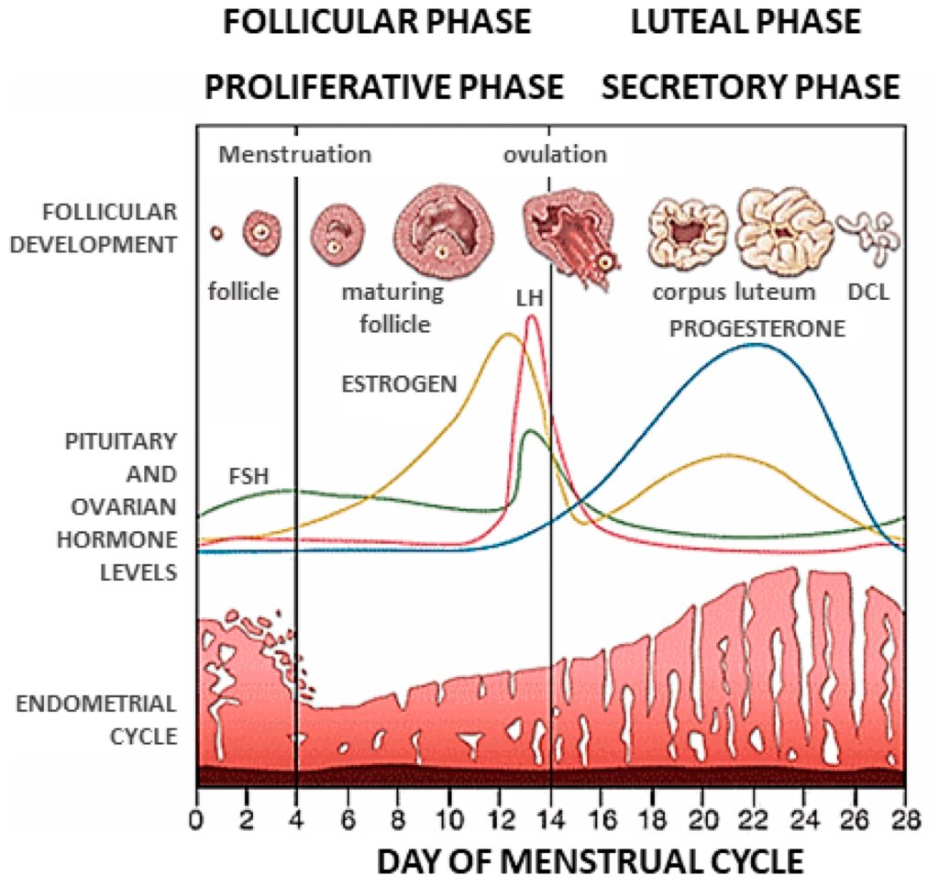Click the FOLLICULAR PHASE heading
pos(377,22)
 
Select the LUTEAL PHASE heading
pos(746,22)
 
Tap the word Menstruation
pos(294,154)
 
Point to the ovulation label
pos(555,154)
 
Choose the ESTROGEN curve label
pos(398,383)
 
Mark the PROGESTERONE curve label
pos(757,328)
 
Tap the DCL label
pos(869,293)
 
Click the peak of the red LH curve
pos(531,316)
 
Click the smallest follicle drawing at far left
pos(216,233)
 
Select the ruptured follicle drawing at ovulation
pos(569,229)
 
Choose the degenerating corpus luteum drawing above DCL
pos(868,232)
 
